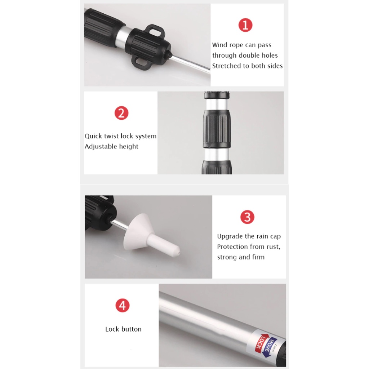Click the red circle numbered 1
[x=245, y=25]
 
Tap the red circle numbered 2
[x=121, y=113]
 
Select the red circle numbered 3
[x=247, y=217]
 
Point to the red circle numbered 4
[x=123, y=306]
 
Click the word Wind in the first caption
[x=219, y=45]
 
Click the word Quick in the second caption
[x=93, y=136]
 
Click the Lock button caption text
[x=123, y=329]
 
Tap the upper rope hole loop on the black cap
[x=155, y=32]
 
